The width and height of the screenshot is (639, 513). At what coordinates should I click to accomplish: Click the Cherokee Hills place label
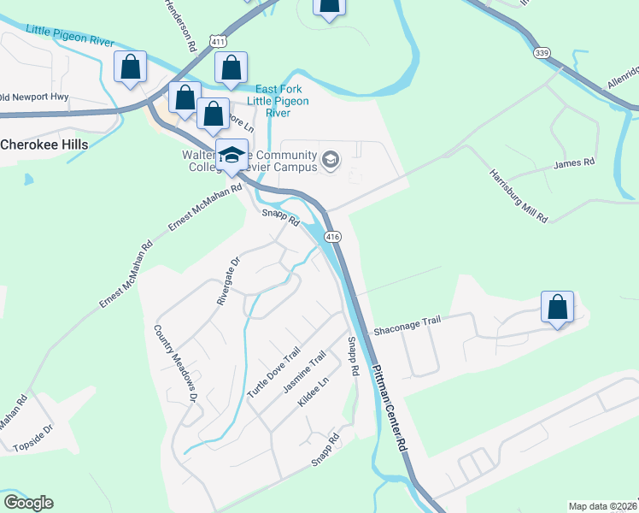click(x=44, y=144)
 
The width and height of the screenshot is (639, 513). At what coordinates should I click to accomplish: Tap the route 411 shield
click(x=220, y=41)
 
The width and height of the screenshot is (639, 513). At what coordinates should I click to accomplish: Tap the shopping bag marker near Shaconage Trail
click(x=557, y=308)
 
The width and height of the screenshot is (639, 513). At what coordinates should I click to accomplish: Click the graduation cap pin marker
click(x=232, y=156)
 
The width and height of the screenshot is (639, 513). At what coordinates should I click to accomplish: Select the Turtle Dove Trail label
click(x=274, y=372)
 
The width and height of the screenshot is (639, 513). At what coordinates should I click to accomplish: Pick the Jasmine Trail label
click(x=305, y=374)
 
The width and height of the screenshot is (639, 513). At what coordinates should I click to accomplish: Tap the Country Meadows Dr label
click(x=176, y=363)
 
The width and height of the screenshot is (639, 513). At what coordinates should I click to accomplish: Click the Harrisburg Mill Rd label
click(x=518, y=195)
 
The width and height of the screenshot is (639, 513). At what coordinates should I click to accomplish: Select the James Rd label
click(x=574, y=162)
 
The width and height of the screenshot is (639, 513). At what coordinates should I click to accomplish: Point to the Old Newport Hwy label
click(x=34, y=97)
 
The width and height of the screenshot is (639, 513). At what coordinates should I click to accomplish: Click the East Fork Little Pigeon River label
click(x=277, y=101)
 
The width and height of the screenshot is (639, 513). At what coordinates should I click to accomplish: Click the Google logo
click(x=28, y=502)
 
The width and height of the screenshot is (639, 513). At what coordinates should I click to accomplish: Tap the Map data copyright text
click(x=601, y=505)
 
